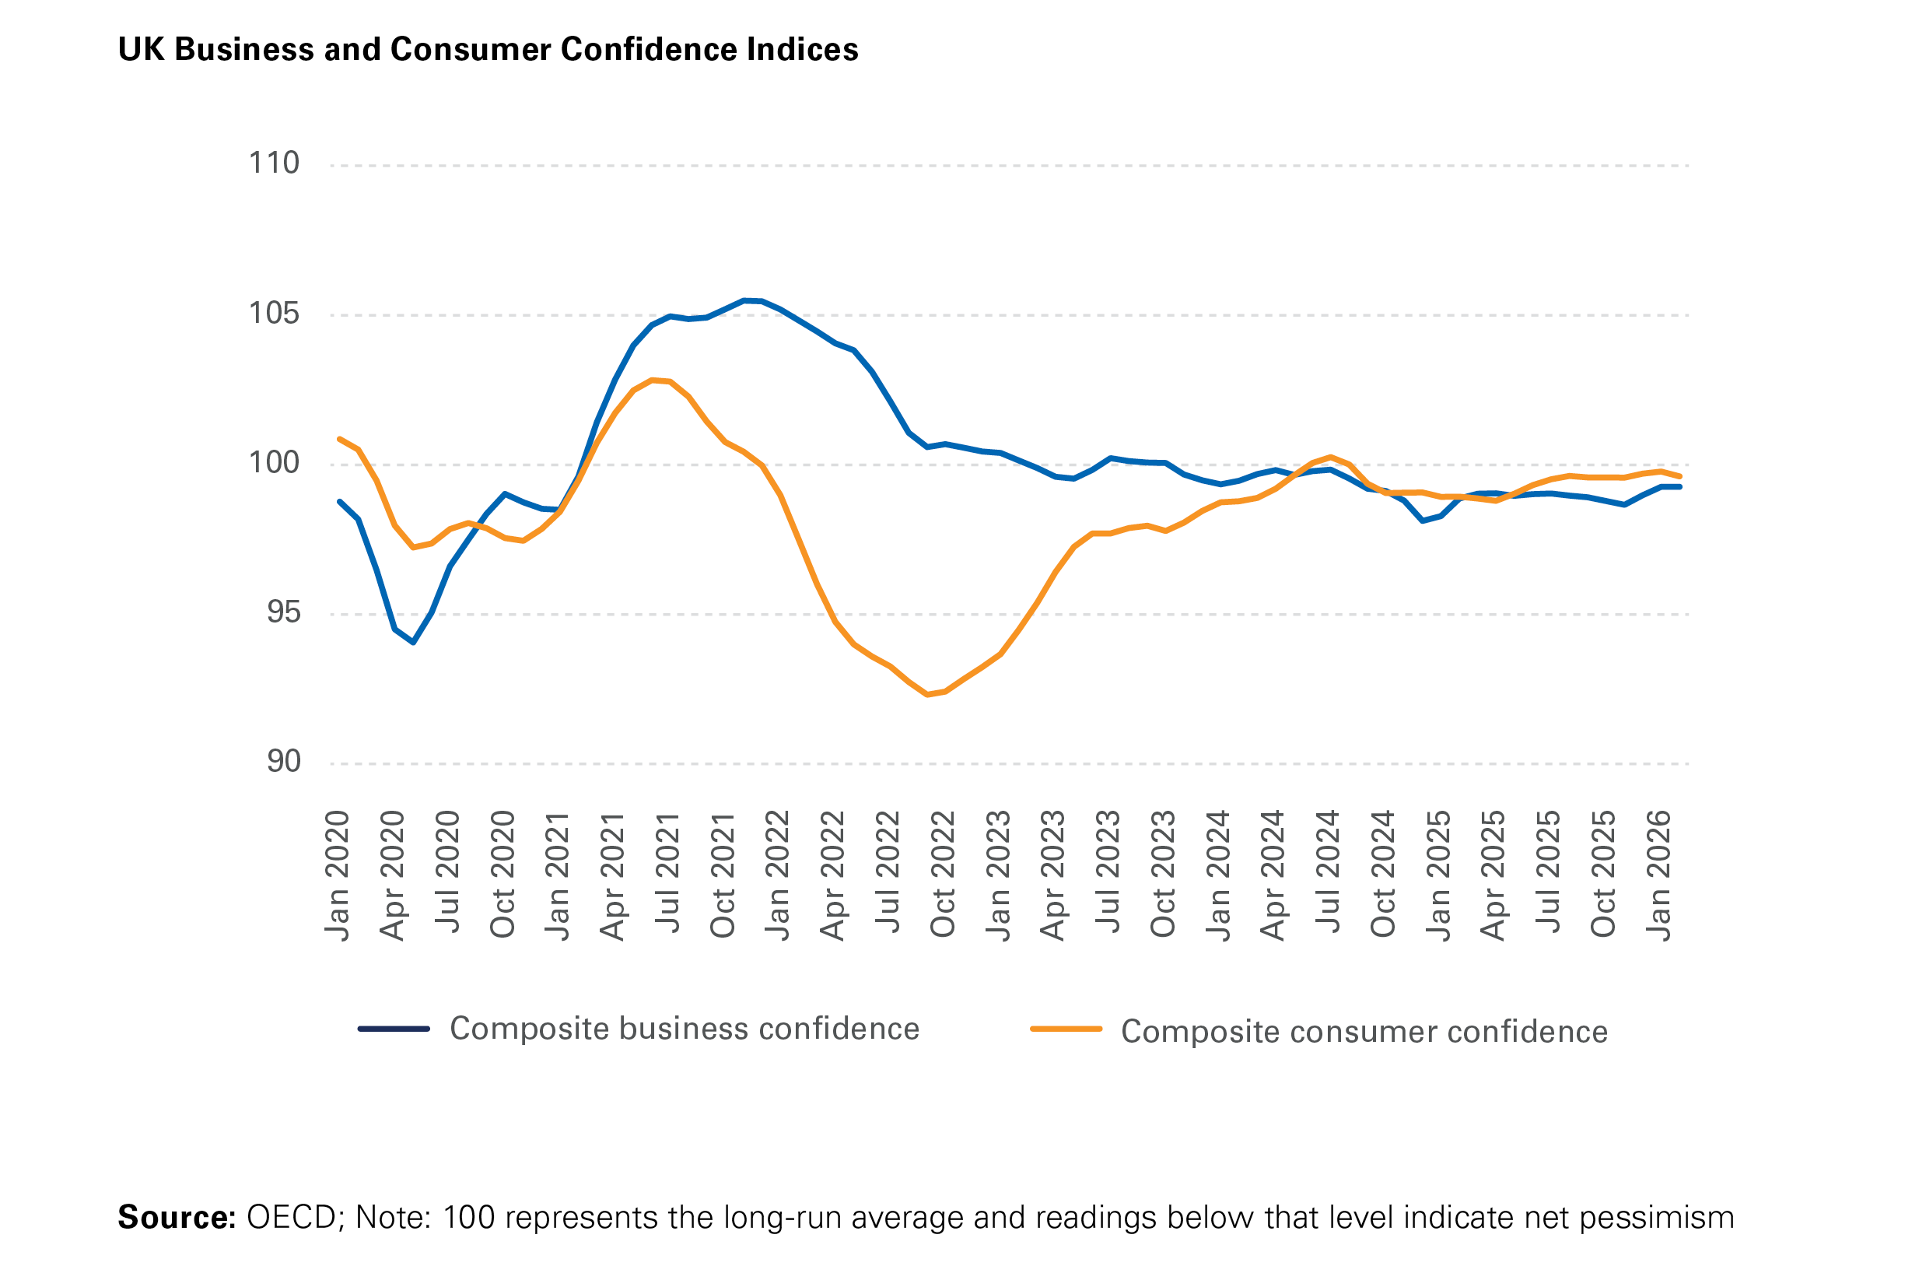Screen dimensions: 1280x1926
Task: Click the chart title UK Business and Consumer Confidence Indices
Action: click(488, 49)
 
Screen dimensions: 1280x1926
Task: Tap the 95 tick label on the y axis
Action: click(283, 612)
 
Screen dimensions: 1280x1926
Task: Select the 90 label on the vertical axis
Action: click(283, 761)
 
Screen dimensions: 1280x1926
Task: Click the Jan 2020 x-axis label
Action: click(337, 875)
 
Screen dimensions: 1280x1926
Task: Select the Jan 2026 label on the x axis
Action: click(1658, 875)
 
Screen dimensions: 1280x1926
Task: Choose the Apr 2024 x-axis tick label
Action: click(1273, 875)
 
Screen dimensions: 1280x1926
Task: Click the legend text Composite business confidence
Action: click(684, 1029)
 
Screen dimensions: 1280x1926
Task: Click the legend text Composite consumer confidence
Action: click(1364, 1032)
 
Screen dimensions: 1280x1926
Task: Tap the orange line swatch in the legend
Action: click(1066, 1029)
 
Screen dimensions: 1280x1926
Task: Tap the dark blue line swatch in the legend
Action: click(394, 1029)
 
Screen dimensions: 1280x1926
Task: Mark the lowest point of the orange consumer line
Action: click(927, 695)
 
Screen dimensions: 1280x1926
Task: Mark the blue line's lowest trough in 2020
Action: click(414, 643)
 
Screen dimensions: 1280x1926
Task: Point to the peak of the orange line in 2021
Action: click(652, 380)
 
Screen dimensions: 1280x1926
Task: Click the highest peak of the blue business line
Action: click(744, 300)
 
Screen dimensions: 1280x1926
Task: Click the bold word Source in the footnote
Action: click(177, 1217)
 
